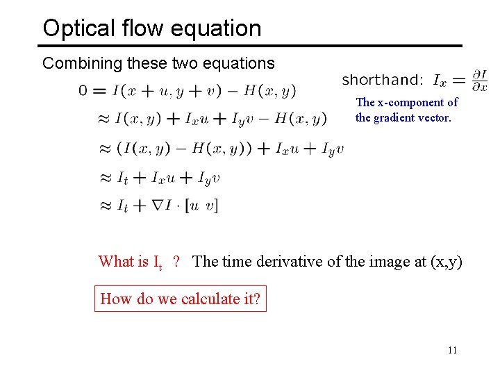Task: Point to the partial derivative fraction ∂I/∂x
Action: (x=479, y=81)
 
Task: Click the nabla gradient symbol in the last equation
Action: (x=149, y=205)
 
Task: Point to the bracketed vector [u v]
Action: (x=202, y=206)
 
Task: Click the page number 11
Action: (x=452, y=351)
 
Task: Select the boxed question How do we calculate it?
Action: (x=181, y=299)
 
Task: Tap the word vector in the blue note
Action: (x=435, y=117)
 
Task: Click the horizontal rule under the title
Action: (x=250, y=46)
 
